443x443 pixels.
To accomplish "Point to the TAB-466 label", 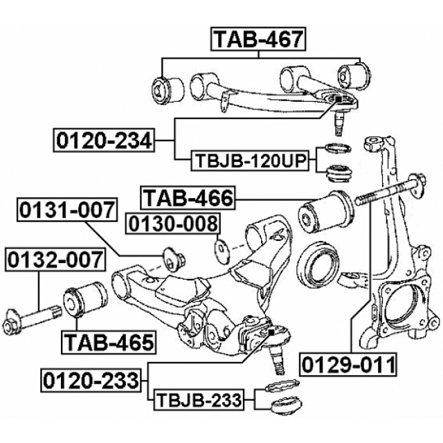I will pyautogui.click(x=188, y=199).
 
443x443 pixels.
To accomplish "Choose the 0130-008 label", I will pyautogui.click(x=172, y=224).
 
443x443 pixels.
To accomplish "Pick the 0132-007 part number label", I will pyautogui.click(x=55, y=261).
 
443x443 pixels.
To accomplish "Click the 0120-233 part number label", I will pyautogui.click(x=91, y=379).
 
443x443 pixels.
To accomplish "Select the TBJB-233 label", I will pyautogui.click(x=198, y=399).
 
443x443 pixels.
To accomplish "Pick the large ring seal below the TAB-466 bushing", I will pyautogui.click(x=320, y=264).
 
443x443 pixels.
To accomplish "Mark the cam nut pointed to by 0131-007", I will pyautogui.click(x=173, y=257).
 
